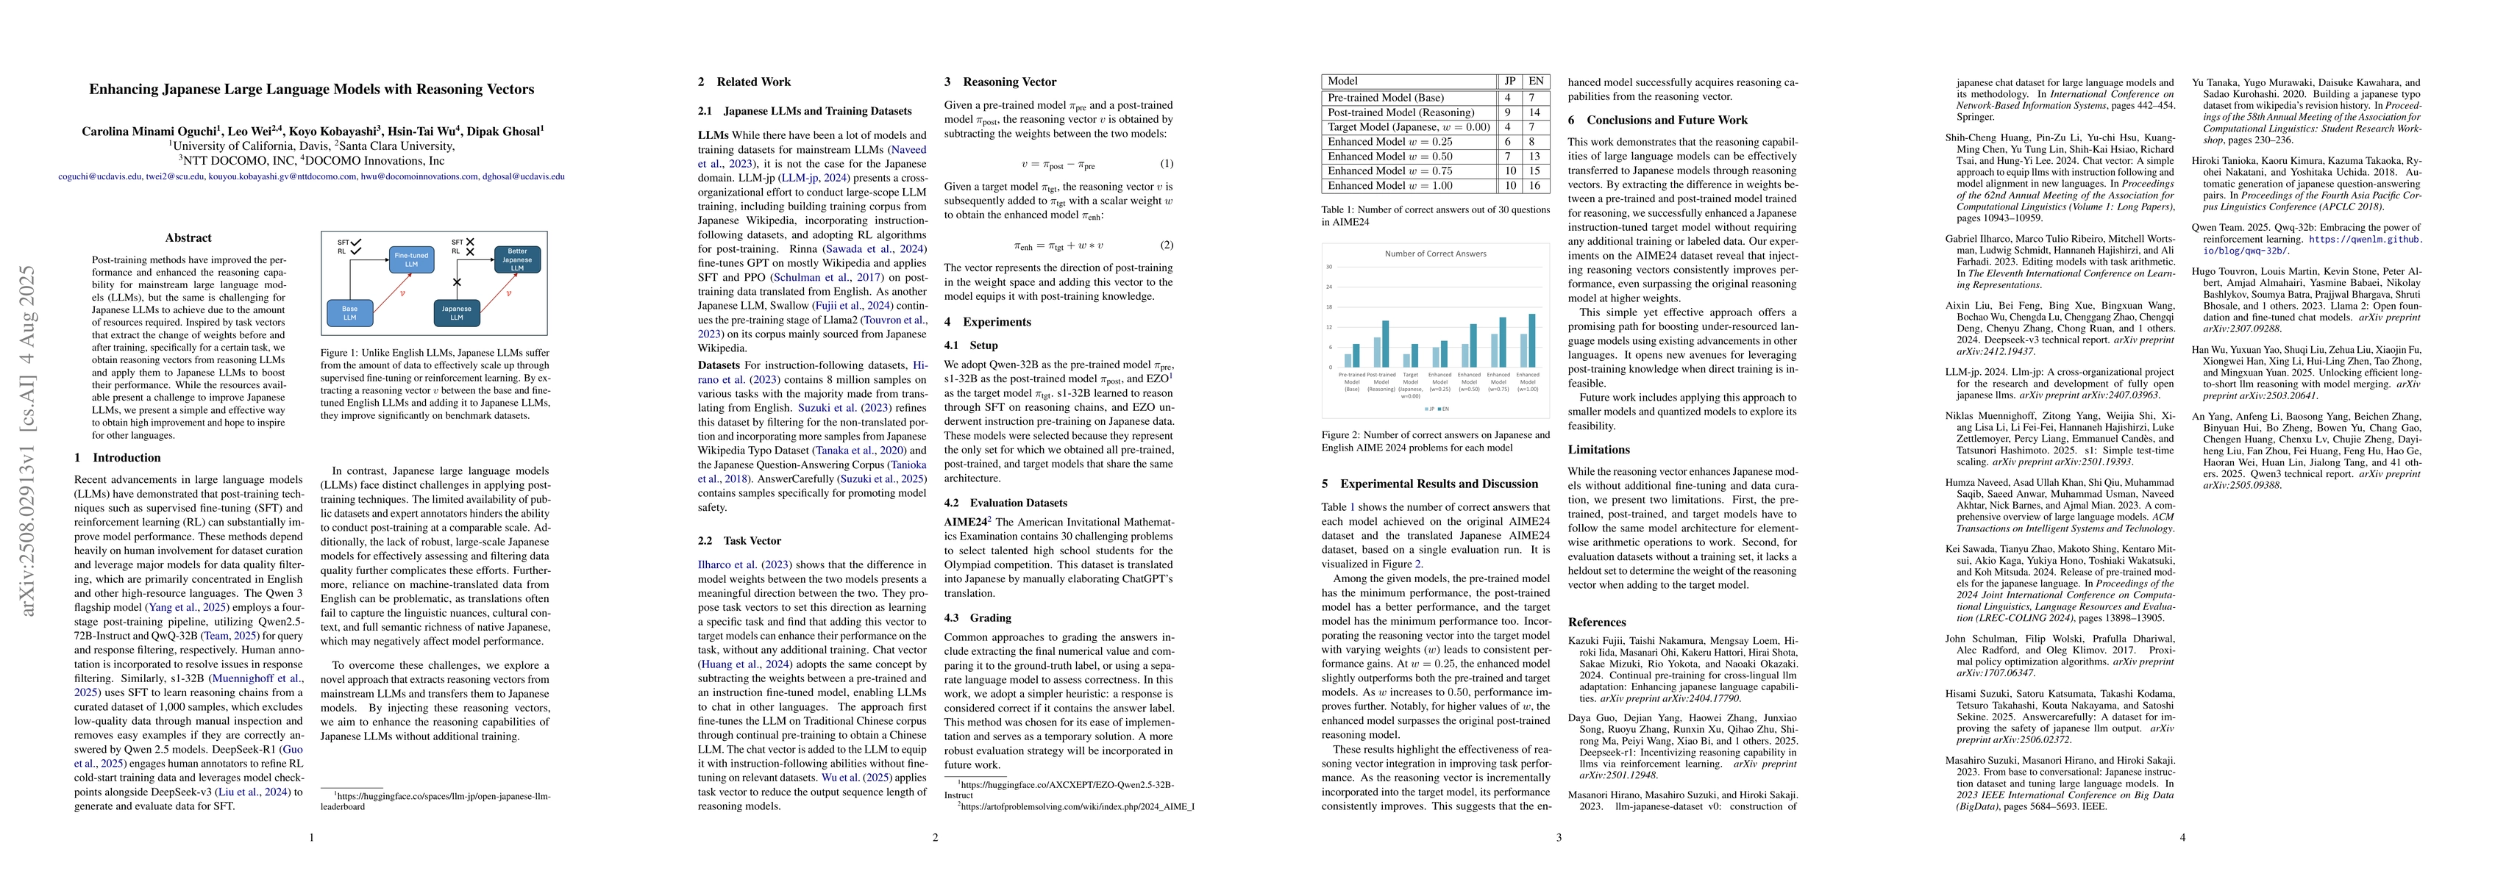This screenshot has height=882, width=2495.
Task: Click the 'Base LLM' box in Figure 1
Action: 349,312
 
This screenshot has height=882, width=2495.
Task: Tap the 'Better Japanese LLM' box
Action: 517,259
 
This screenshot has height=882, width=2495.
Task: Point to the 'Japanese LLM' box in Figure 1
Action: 456,312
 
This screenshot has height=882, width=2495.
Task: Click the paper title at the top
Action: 312,89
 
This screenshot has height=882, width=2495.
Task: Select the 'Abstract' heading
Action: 188,238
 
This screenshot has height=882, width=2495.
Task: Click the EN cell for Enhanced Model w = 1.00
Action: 1536,185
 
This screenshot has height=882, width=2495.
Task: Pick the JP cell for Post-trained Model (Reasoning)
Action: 1508,112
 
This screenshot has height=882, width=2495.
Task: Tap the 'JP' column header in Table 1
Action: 1508,82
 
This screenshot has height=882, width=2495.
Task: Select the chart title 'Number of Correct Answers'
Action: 1435,254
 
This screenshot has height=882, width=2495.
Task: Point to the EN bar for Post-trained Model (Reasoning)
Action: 1385,344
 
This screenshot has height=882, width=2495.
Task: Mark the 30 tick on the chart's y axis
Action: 1329,266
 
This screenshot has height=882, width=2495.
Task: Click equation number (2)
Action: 1166,245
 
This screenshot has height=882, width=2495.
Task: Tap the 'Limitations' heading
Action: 1598,449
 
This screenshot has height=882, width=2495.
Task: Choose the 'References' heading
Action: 1596,623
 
